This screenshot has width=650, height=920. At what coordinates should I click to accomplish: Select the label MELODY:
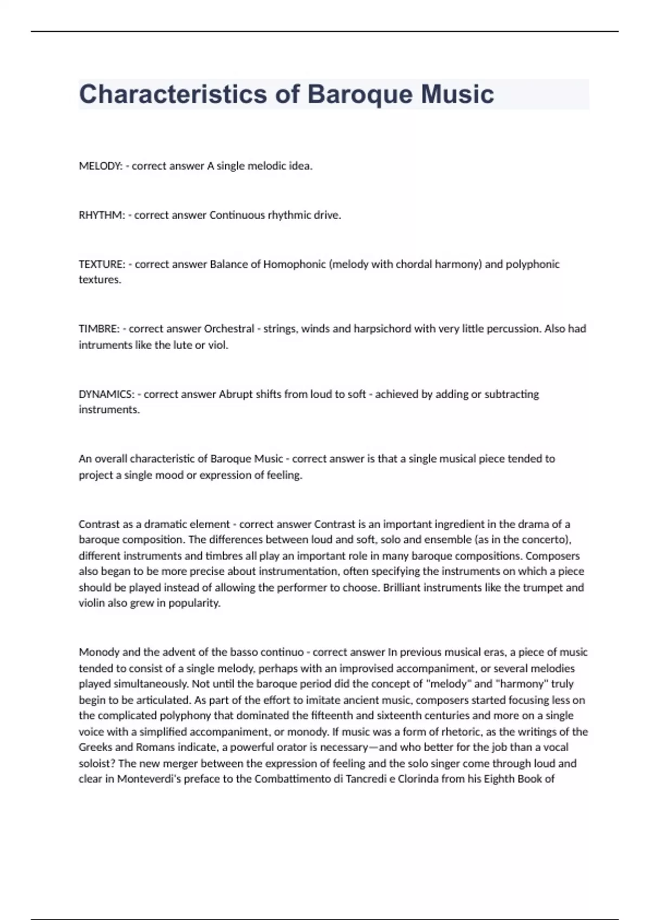[101, 166]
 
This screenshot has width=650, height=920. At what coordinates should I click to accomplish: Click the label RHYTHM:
[102, 215]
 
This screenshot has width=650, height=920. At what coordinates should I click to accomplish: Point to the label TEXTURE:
[102, 264]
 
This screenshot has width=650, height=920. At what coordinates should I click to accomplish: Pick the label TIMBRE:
[99, 329]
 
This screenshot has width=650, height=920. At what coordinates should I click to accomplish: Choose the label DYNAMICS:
[107, 394]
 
